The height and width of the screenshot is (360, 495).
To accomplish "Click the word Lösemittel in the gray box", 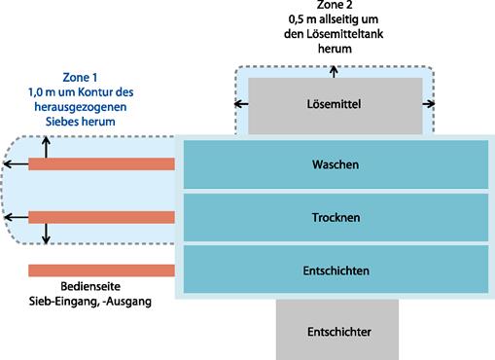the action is point(334,104).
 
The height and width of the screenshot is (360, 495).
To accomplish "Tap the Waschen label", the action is point(336,164).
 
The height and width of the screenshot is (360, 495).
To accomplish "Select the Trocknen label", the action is point(336,217).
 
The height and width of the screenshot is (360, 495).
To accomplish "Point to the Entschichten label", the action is point(336,270).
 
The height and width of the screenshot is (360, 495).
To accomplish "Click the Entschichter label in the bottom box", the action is point(339,332).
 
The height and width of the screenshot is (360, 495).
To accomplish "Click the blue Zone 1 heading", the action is point(80,78).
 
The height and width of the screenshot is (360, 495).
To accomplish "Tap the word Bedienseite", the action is point(90,286).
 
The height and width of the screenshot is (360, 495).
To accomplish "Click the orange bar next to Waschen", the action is point(101,164).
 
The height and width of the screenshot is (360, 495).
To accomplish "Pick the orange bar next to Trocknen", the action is point(101,217).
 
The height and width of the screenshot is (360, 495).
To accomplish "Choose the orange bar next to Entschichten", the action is point(101,270).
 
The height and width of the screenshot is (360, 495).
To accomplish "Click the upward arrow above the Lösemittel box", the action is point(334,72).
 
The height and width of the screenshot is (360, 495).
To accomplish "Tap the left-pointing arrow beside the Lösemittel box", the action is point(241,104).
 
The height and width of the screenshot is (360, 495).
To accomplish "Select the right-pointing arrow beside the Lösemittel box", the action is point(429,104).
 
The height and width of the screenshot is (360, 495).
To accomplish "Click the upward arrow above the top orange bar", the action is point(46,147).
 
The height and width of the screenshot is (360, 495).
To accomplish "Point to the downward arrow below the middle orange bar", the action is point(46,234).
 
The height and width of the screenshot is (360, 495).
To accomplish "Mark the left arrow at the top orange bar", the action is point(16,164).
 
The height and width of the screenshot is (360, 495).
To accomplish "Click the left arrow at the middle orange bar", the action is point(17,217).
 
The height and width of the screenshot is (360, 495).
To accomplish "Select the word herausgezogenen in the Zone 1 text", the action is point(81,107).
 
